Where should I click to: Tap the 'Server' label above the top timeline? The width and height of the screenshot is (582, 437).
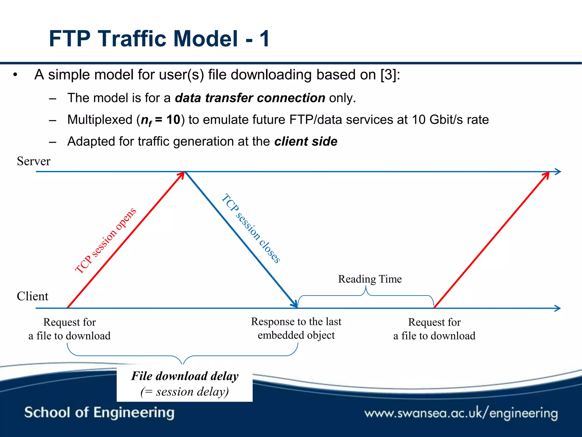34,161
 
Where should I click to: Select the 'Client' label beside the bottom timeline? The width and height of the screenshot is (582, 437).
32,296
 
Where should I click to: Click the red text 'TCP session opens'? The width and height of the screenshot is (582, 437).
106,240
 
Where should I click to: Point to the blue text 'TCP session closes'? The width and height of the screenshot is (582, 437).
251,228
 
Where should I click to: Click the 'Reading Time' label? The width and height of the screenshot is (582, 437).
370,279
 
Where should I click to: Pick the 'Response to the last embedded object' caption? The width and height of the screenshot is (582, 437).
296,328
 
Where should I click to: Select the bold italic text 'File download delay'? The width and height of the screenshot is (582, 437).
185,376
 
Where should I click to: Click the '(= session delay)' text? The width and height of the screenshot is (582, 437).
185,392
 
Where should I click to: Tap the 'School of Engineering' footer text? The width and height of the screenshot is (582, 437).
99,413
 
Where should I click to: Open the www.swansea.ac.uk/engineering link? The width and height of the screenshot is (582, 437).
461,413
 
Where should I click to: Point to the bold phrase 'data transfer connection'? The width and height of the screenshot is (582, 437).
250,98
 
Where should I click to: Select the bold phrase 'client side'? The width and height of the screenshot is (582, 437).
306,141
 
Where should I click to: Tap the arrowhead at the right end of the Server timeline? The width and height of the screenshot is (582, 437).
558,172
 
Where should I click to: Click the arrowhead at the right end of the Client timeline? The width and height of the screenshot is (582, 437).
557,308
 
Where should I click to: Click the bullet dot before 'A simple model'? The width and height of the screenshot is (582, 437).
15,75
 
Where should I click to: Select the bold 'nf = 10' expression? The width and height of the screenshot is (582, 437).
161,120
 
